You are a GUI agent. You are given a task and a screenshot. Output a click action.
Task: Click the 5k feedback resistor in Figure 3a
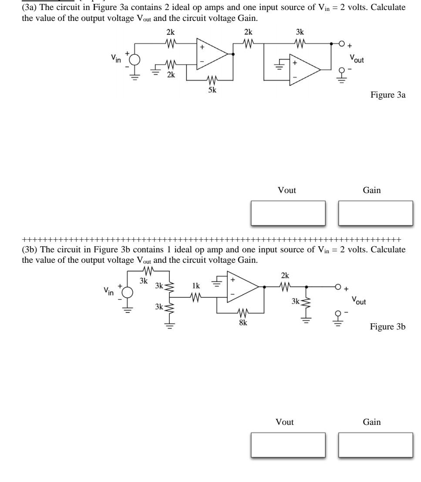[x=212, y=80]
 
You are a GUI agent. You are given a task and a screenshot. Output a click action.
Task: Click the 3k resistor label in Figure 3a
[x=300, y=32]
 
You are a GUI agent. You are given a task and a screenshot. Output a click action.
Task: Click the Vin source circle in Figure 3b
[x=127, y=292]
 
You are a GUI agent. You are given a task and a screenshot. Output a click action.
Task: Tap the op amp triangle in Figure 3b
[x=242, y=287]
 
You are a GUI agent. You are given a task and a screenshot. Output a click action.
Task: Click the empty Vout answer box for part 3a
[x=288, y=213]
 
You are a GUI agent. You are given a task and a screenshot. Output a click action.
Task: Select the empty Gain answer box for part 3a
[x=375, y=213]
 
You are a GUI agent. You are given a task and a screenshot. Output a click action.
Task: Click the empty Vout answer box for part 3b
[x=288, y=445]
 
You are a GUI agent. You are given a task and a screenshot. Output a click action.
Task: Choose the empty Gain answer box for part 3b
[x=375, y=445]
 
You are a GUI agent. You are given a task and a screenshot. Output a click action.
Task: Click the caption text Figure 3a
[x=388, y=95]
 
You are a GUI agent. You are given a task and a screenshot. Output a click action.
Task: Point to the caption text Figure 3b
[x=388, y=326]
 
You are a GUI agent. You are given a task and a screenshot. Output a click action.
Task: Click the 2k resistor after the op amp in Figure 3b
[x=285, y=287]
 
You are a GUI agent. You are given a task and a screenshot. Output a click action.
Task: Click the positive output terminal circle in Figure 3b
[x=337, y=287]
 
